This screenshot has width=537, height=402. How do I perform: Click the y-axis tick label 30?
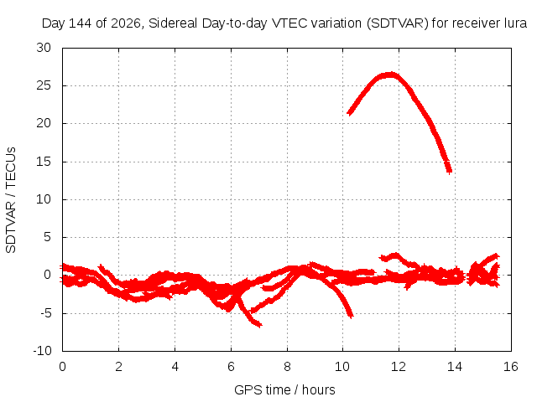coord(44,48)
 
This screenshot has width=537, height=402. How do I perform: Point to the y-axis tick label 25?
coord(44,85)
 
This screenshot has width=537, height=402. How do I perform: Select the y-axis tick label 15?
coord(44,162)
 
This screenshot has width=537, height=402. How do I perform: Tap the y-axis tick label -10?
coord(42,351)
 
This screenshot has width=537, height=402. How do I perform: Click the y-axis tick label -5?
coord(45,312)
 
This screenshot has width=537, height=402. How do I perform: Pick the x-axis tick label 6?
coord(232,367)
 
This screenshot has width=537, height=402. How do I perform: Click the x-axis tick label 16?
coord(511,367)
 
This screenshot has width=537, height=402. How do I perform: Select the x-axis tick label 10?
coord(342,367)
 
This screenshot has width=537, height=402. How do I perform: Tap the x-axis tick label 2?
coord(118,367)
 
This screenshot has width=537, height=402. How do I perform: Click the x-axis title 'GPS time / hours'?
coord(284,390)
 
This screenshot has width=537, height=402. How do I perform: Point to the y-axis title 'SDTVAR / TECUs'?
coord(11,200)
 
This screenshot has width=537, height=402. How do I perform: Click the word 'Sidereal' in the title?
coord(173,23)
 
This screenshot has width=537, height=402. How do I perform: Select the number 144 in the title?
coord(81,23)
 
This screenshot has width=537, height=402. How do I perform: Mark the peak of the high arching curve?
coord(390,75)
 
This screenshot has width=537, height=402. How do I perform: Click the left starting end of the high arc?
coord(349,113)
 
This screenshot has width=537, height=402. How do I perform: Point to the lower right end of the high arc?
coord(450,171)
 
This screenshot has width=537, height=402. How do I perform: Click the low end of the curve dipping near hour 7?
coord(260,325)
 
